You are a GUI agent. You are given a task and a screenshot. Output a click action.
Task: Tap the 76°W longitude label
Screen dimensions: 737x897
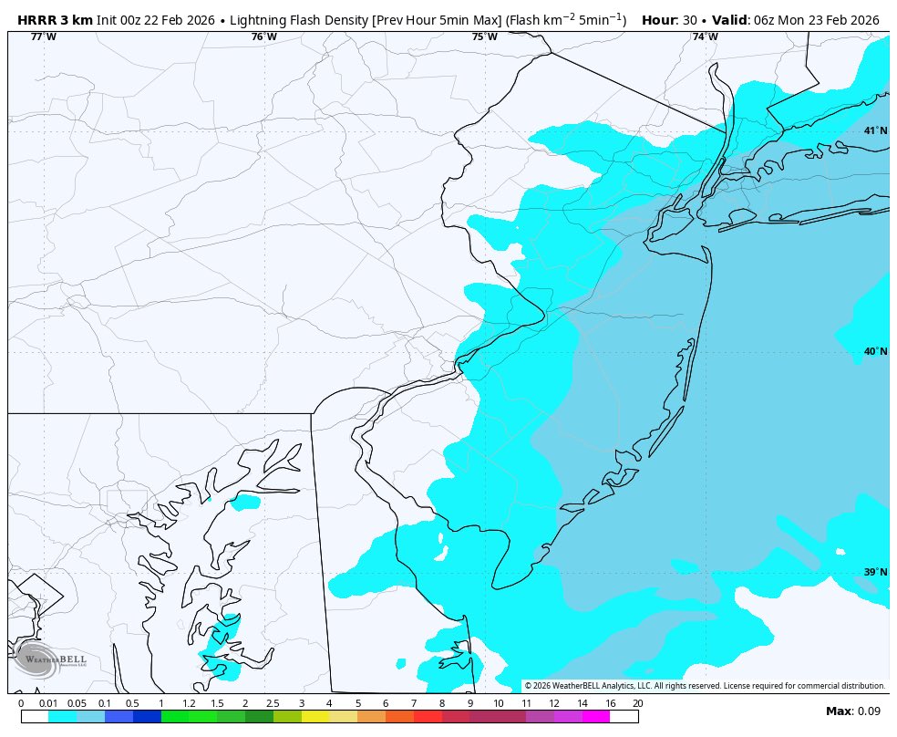coord(263,37)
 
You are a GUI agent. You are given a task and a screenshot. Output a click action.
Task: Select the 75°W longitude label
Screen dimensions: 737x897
coord(484,37)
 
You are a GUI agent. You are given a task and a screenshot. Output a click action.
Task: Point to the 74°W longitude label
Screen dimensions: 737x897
coord(705,37)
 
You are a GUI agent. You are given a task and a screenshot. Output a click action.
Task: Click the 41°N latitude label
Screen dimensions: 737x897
coord(875,131)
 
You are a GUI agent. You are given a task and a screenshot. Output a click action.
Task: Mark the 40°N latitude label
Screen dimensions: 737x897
coord(875,352)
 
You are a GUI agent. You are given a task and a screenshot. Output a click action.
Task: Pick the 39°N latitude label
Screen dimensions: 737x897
coord(875,573)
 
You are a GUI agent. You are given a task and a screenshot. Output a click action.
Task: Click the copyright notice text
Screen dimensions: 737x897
coord(705,686)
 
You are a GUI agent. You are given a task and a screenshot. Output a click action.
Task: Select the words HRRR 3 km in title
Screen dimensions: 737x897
coord(55,20)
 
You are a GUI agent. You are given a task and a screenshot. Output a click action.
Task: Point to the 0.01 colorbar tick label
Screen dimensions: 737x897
coord(48,703)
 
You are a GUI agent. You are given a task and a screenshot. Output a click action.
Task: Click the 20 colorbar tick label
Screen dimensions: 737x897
coord(637,703)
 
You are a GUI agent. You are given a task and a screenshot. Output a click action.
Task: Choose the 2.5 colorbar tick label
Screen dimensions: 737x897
coord(273,703)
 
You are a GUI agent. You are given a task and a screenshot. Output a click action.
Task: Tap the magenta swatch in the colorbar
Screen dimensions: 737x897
coord(595,717)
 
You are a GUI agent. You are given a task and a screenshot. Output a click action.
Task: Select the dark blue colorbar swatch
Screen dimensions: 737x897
coord(147,717)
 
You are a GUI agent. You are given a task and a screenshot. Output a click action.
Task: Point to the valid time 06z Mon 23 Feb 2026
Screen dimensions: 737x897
coord(816,20)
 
